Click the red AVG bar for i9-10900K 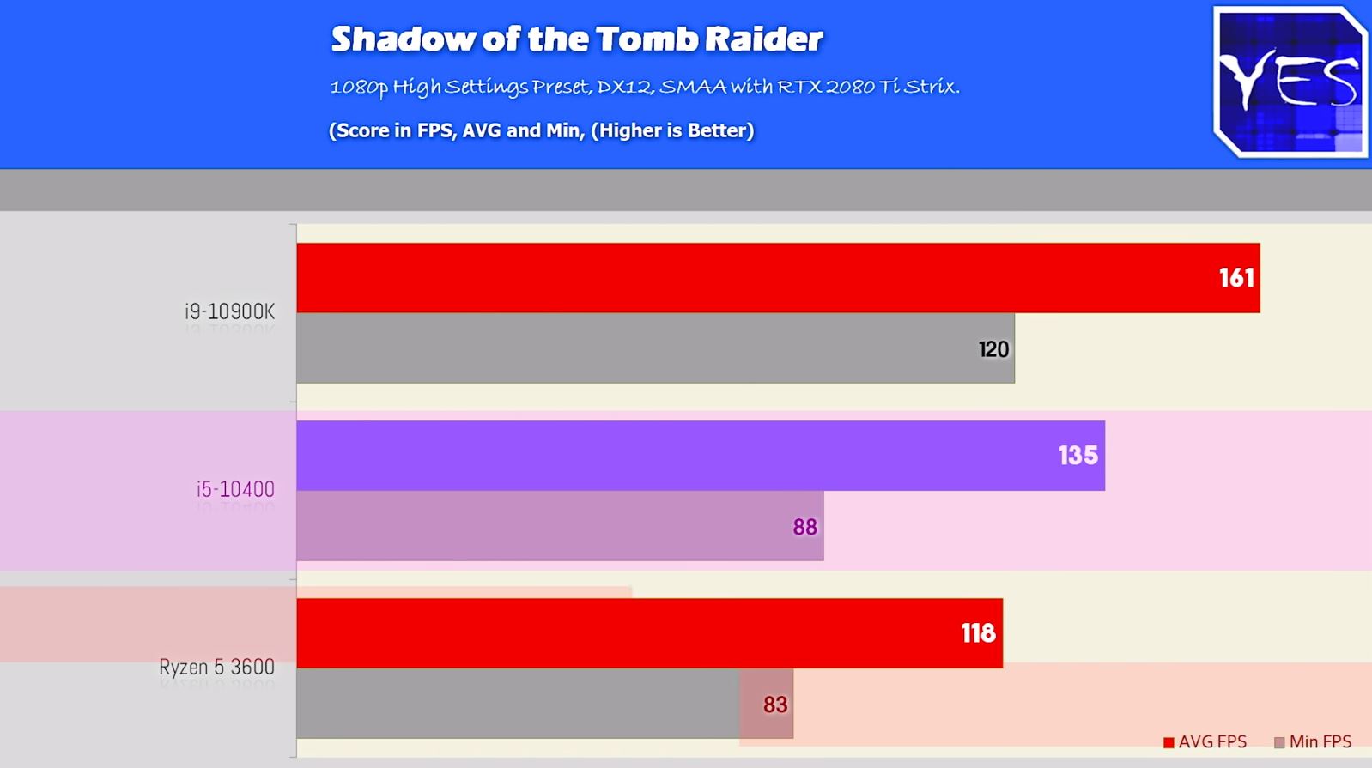tap(779, 278)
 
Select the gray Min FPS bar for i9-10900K tap(655, 348)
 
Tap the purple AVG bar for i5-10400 tap(701, 456)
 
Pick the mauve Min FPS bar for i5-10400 tap(560, 526)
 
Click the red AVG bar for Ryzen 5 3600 tap(650, 632)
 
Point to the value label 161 tap(1236, 278)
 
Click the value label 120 tap(993, 349)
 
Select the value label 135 tap(1078, 456)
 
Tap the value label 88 tap(804, 527)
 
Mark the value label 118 tap(978, 633)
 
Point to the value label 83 tap(774, 705)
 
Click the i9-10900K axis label tap(230, 312)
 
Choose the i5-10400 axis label tap(235, 490)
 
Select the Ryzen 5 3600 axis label tap(217, 667)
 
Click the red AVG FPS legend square tap(1169, 743)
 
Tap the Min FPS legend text tap(1320, 741)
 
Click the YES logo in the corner tap(1290, 82)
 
